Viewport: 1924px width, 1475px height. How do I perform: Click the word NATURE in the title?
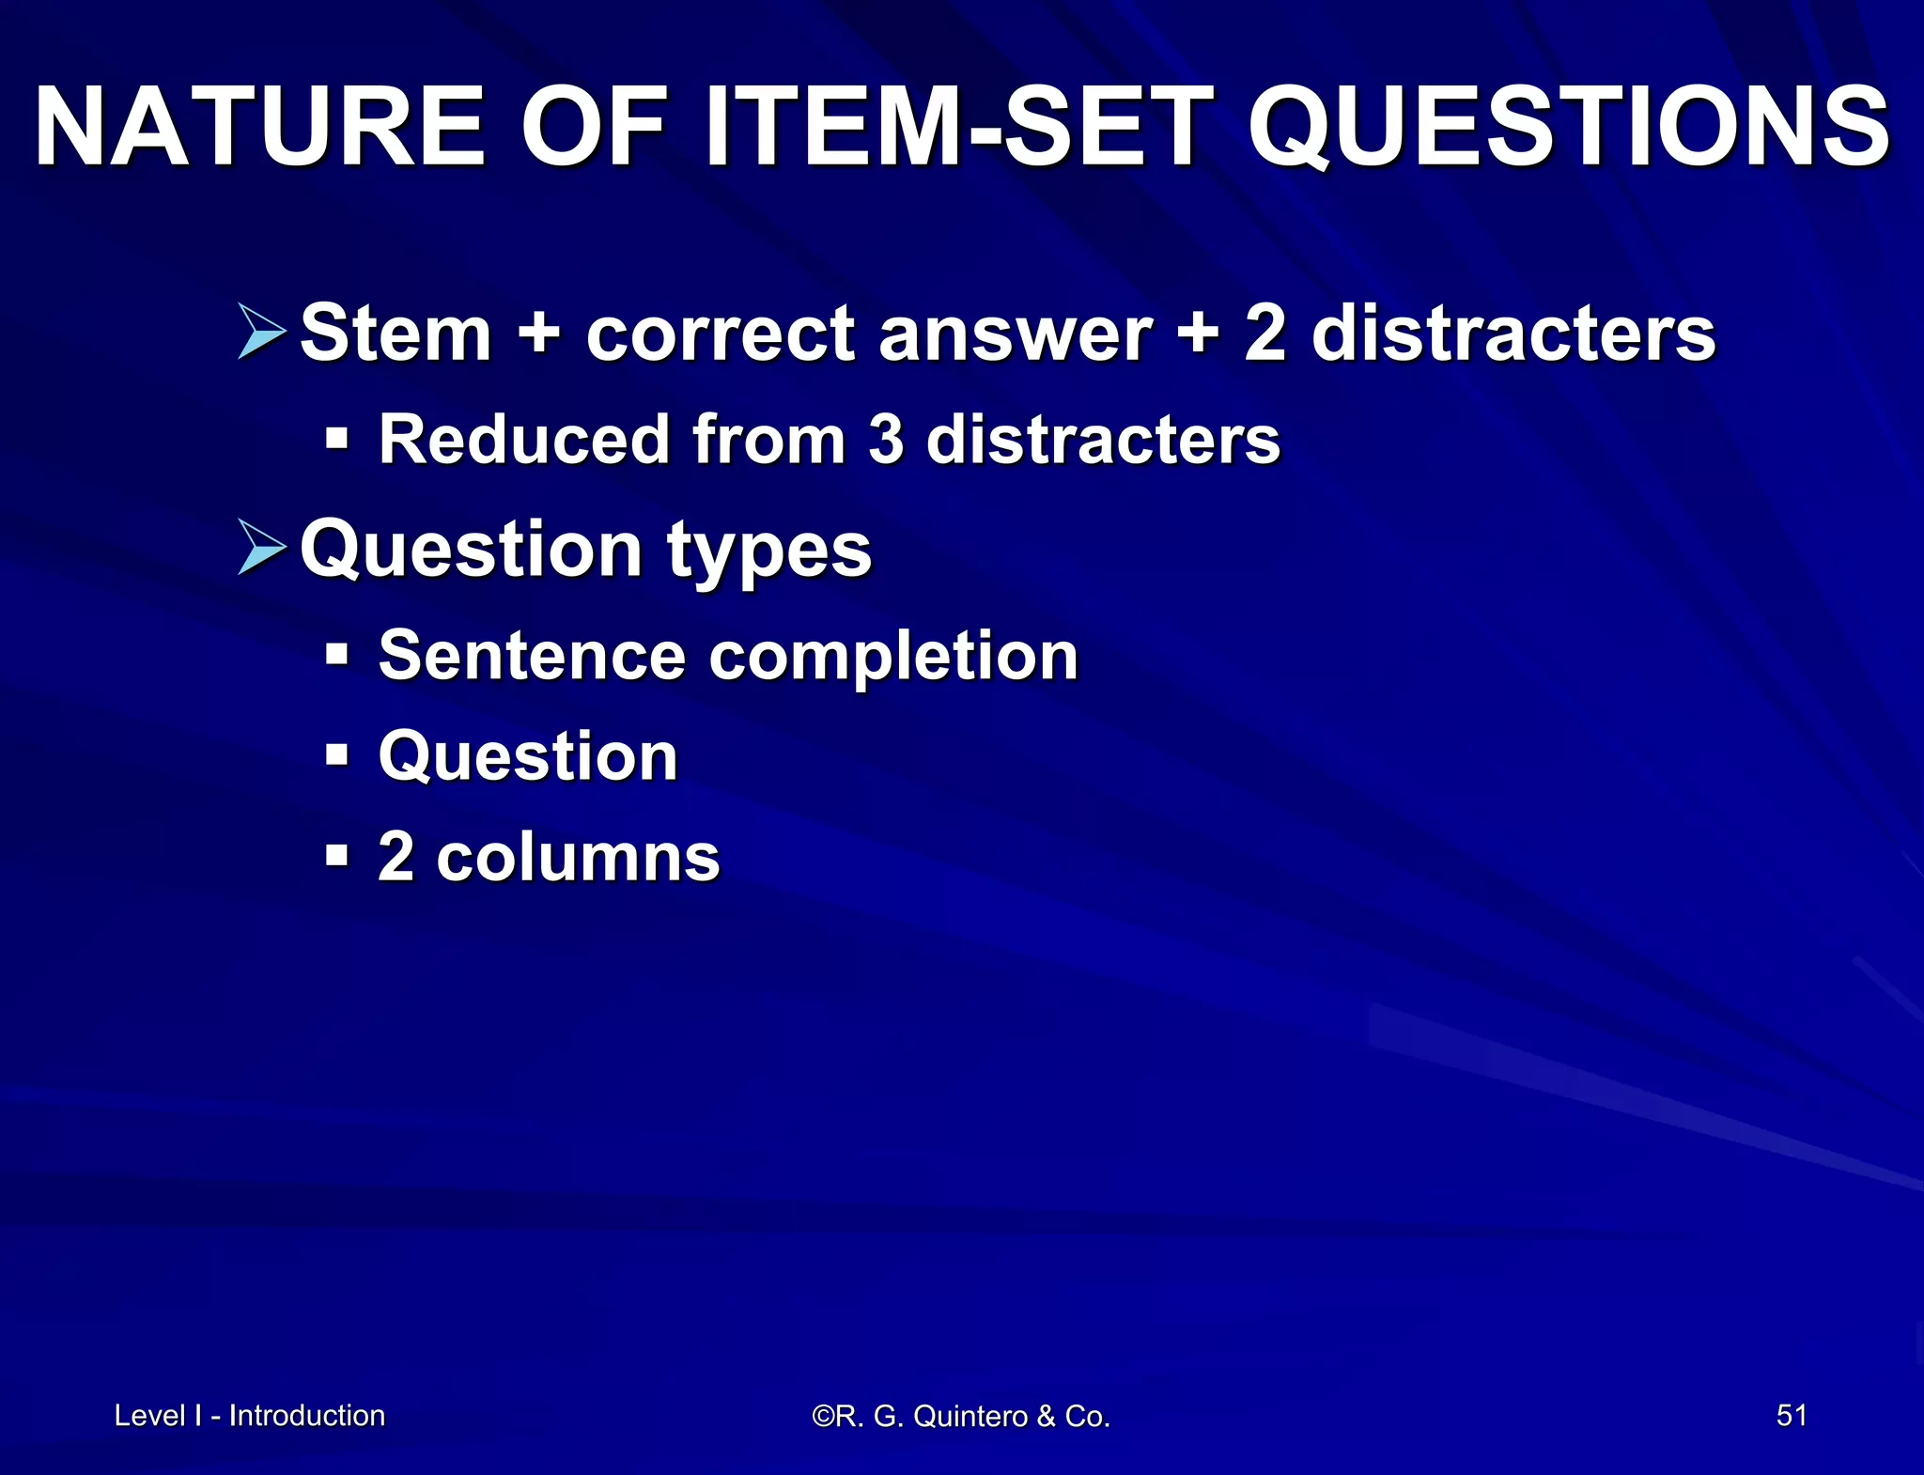(x=259, y=127)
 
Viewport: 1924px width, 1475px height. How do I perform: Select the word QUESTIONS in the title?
(x=1568, y=129)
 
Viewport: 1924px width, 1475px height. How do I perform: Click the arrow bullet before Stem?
(x=262, y=332)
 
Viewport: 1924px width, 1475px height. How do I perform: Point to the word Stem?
(x=396, y=334)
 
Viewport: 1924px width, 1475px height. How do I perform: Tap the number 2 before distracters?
(x=1265, y=334)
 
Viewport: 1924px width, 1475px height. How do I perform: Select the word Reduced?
(x=523, y=440)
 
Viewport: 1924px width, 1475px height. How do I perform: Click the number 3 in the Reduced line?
(x=885, y=440)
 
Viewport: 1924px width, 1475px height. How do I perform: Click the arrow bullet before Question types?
(x=262, y=547)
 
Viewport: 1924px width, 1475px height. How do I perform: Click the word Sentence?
(x=532, y=656)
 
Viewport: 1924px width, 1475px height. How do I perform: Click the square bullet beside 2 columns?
(x=336, y=857)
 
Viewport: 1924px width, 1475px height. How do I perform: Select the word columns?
(x=578, y=858)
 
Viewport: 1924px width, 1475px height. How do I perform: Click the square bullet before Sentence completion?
(x=336, y=654)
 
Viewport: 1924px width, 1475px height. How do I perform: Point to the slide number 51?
(x=1792, y=1415)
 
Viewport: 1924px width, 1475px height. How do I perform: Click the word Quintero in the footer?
(x=970, y=1416)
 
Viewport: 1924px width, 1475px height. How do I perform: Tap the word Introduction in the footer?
(x=307, y=1416)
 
